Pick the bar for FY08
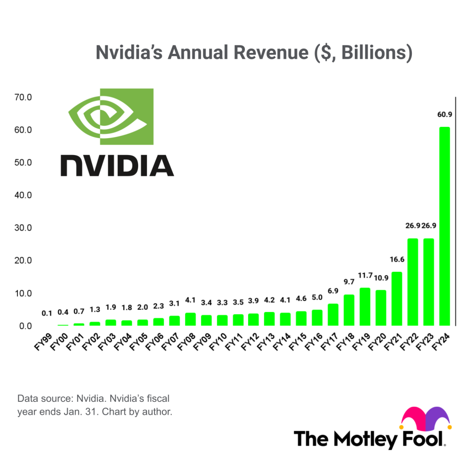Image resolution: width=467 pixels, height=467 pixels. (190, 319)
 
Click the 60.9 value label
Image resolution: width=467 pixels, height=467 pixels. (444, 114)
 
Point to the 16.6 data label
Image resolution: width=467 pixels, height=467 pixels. (397, 259)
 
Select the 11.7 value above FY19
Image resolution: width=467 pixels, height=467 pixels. (365, 275)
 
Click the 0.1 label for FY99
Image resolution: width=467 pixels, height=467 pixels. (47, 313)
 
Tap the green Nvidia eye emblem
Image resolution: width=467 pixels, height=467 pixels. (111, 116)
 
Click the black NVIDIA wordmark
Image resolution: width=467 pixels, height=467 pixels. (117, 166)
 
